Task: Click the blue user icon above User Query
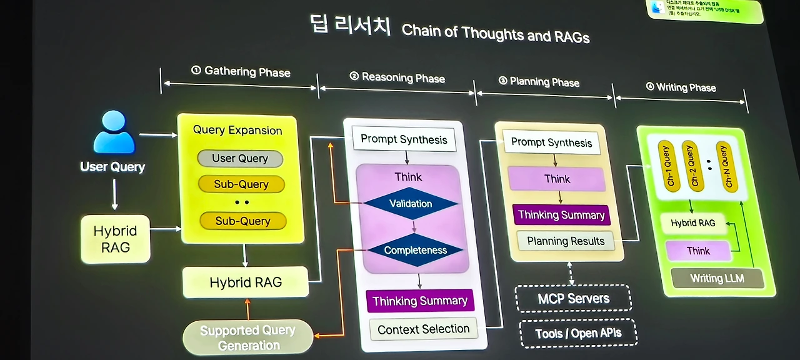(114, 132)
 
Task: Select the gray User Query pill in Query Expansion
(240, 158)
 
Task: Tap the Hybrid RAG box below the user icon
(116, 239)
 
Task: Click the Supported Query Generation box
(248, 337)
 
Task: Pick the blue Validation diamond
(411, 203)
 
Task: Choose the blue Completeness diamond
(416, 250)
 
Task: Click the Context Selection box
(423, 329)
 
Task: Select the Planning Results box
(566, 241)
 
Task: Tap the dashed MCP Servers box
(573, 298)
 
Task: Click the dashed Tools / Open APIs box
(578, 332)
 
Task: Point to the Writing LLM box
(717, 278)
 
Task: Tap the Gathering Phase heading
(240, 71)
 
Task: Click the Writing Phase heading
(681, 87)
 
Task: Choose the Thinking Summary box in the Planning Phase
(561, 215)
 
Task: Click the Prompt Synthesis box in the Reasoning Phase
(404, 139)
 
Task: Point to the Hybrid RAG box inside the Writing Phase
(692, 222)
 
